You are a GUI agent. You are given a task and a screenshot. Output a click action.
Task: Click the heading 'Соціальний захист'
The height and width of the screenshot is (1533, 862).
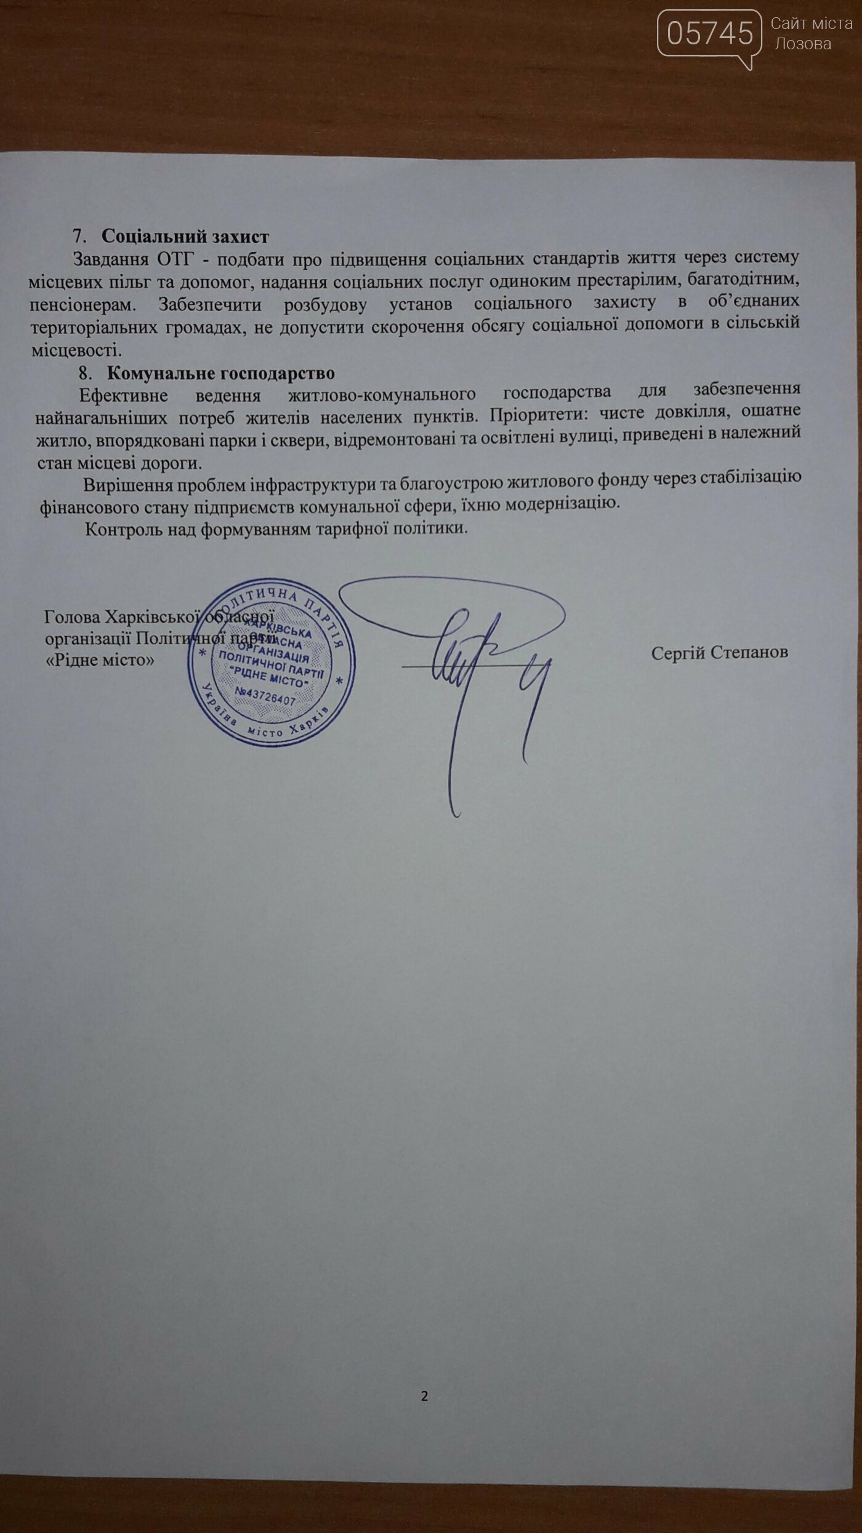coord(185,237)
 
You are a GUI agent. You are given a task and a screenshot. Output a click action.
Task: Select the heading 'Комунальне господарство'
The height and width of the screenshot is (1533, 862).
coord(220,373)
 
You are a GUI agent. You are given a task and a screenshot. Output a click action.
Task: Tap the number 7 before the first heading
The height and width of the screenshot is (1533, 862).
coord(77,237)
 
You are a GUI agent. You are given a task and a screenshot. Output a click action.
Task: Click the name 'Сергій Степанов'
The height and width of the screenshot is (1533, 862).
coord(719,653)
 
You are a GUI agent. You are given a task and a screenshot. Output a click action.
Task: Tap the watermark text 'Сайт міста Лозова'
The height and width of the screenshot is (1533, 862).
coord(810,33)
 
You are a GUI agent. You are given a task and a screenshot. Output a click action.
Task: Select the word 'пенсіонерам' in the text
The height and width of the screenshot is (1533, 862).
coord(84,305)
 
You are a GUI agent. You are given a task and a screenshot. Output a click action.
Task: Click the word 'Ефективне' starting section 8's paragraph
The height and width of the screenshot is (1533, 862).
coord(123,391)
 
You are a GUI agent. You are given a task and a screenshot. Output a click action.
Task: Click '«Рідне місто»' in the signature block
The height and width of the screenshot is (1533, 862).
coord(100,660)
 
